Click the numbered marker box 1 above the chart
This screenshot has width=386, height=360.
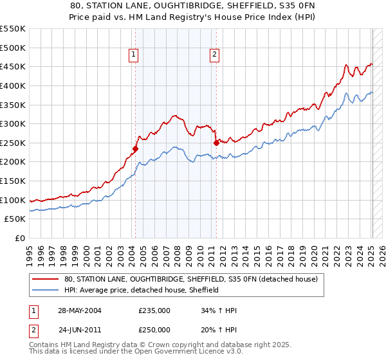pos(134,55)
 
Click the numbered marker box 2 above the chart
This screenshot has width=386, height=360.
pos(214,55)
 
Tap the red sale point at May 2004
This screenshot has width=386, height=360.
pos(135,149)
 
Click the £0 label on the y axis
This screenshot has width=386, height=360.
pos(19,238)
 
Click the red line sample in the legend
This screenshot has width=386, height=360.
pos(46,280)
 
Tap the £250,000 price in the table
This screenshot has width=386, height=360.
pos(154,329)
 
